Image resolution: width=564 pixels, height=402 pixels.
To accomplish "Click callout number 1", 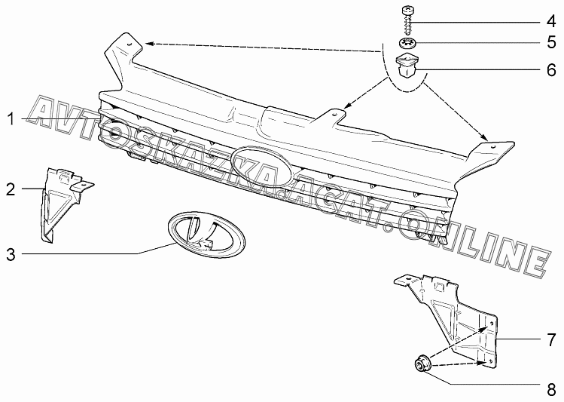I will pyautogui.click(x=11, y=119).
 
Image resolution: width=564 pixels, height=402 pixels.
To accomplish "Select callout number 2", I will pyautogui.click(x=11, y=189).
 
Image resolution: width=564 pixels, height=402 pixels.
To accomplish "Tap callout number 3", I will pyautogui.click(x=11, y=254).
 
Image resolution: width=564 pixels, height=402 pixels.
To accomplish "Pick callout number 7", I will pyautogui.click(x=550, y=338).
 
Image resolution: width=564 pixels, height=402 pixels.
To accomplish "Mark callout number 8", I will pyautogui.click(x=550, y=389).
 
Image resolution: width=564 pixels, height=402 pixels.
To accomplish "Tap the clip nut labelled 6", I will pyautogui.click(x=407, y=66).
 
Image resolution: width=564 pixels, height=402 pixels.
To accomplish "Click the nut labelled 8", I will pyautogui.click(x=422, y=364).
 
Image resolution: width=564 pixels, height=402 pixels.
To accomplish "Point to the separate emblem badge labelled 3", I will pyautogui.click(x=206, y=232).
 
